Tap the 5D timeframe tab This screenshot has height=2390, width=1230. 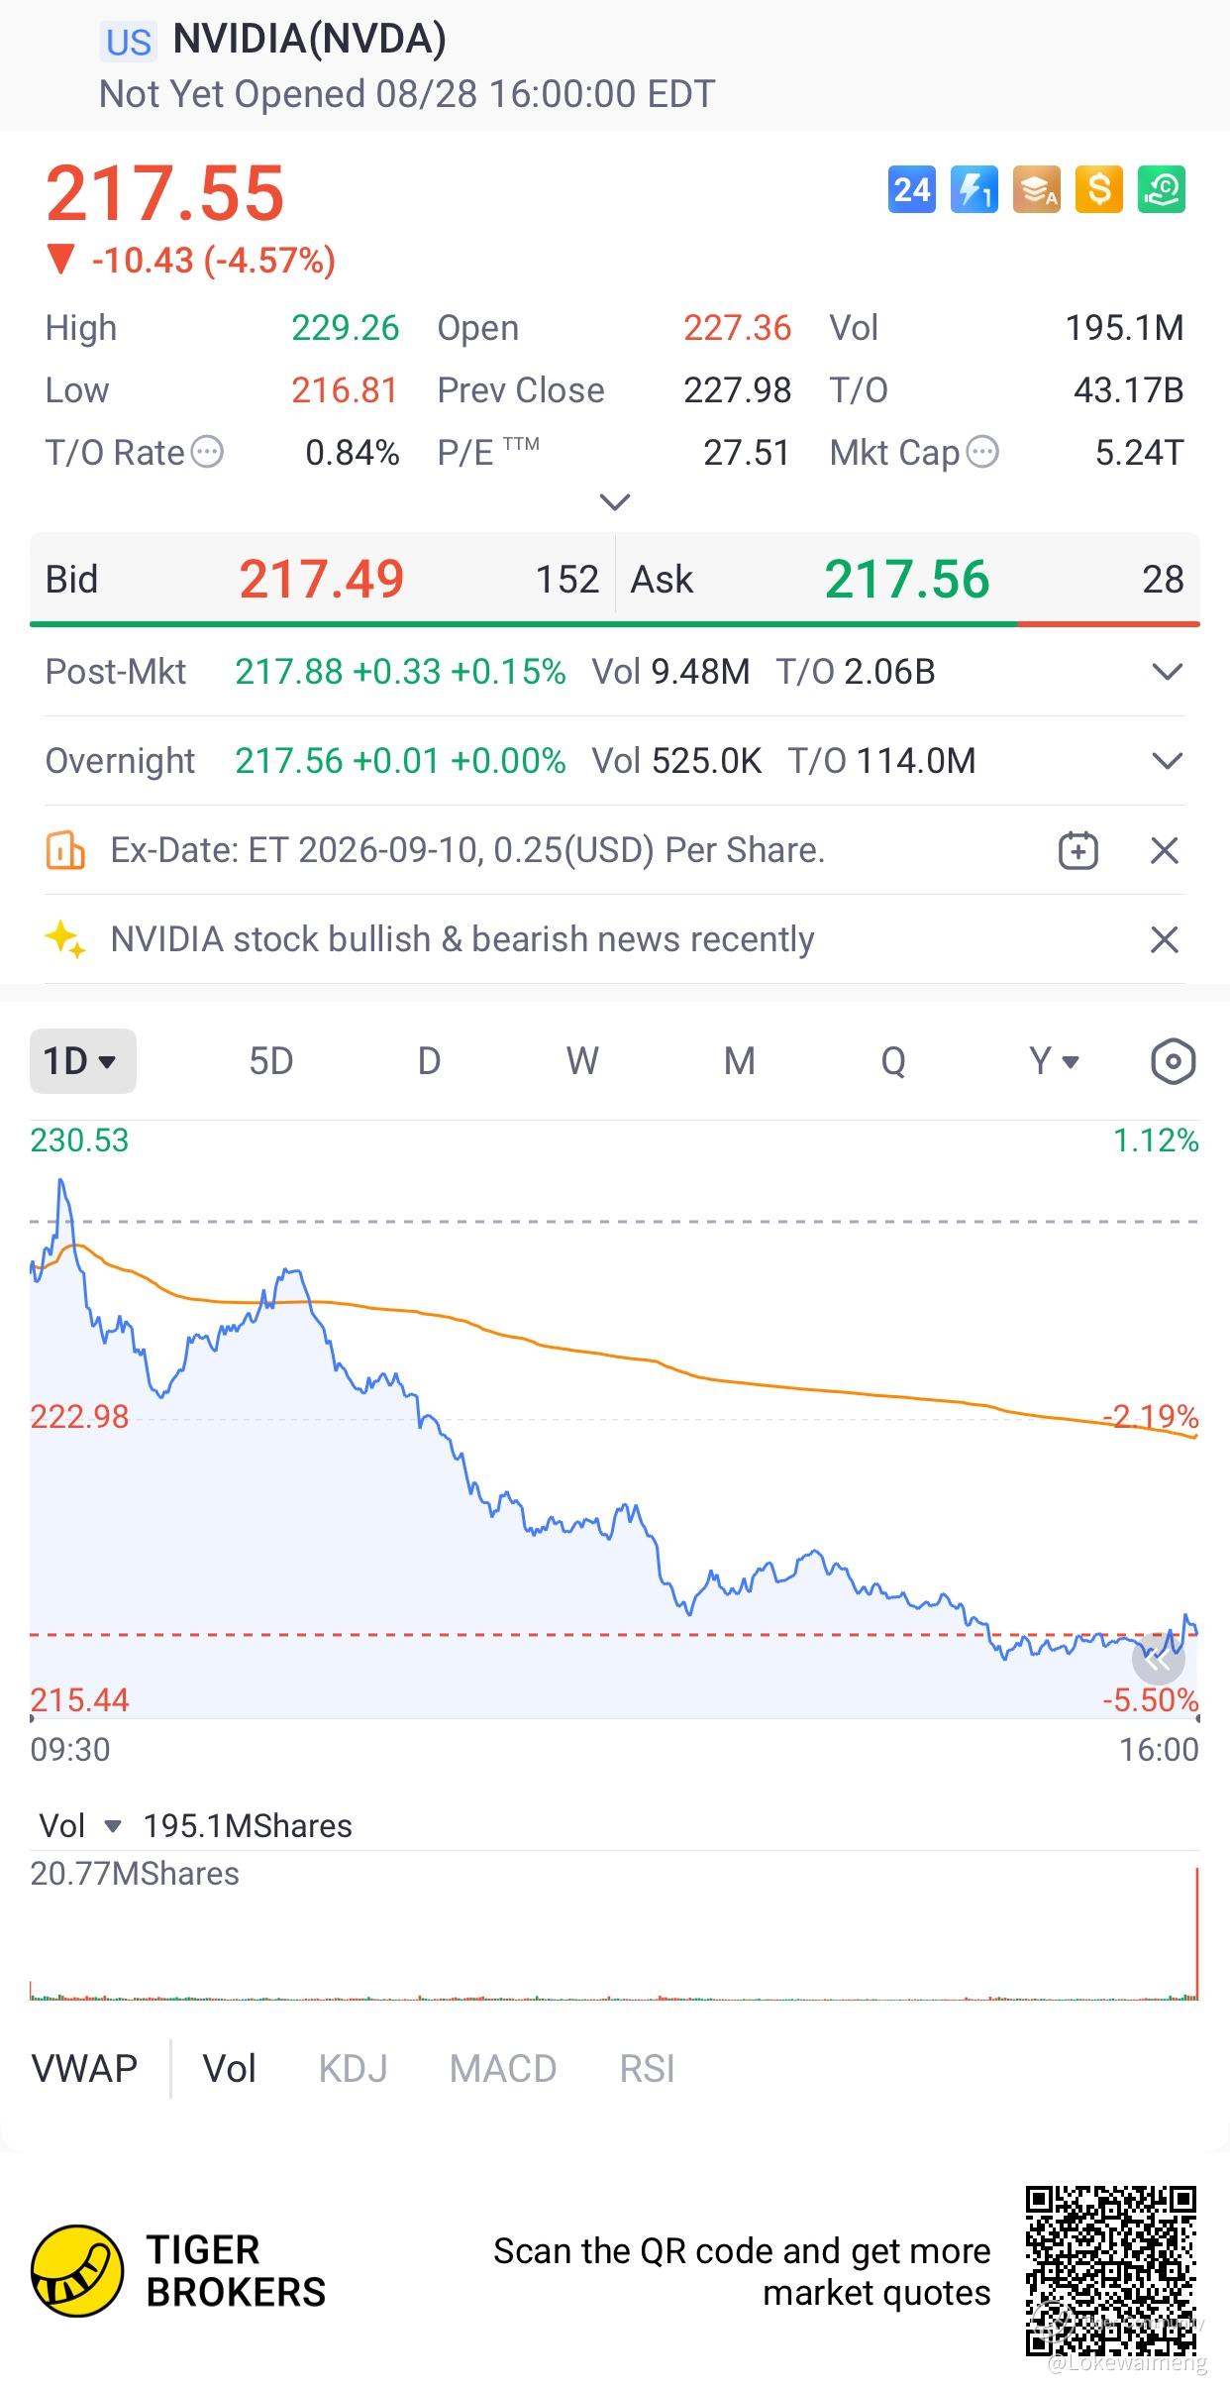coord(270,1061)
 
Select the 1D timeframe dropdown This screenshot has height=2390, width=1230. coord(83,1061)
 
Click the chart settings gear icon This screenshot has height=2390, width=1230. coord(1174,1061)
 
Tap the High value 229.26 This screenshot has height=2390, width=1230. coord(345,328)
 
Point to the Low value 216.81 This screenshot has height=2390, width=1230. coord(345,390)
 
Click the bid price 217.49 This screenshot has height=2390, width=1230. coord(322,579)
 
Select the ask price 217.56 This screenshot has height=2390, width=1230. coord(907,579)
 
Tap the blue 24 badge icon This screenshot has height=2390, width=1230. coord(912,189)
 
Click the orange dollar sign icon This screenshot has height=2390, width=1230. coord(1099,189)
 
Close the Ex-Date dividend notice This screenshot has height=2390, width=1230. coord(1165,850)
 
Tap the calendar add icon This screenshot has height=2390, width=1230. coord(1078,850)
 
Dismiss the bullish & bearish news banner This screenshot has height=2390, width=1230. coord(1165,939)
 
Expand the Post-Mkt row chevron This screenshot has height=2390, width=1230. coord(1169,672)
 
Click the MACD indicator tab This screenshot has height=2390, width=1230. coord(503,2069)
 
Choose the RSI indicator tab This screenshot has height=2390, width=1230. coord(647,2069)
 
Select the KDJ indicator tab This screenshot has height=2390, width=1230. coord(353,2069)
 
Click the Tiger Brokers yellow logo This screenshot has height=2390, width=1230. coord(77,2271)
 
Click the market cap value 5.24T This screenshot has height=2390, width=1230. coord(1139,453)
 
